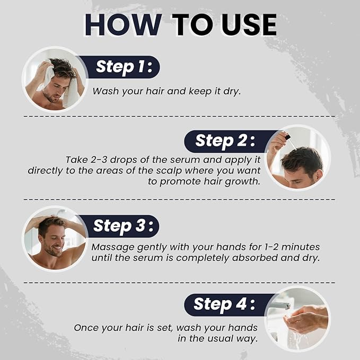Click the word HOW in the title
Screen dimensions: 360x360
(x=124, y=25)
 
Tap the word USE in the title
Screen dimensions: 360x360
(x=249, y=25)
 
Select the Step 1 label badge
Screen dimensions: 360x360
(x=119, y=67)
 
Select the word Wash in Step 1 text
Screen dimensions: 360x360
(x=106, y=91)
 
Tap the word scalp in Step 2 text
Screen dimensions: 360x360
(x=169, y=171)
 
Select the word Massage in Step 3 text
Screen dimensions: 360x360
(x=113, y=248)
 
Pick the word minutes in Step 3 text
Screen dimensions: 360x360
(x=301, y=247)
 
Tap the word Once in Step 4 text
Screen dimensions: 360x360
(x=86, y=328)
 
